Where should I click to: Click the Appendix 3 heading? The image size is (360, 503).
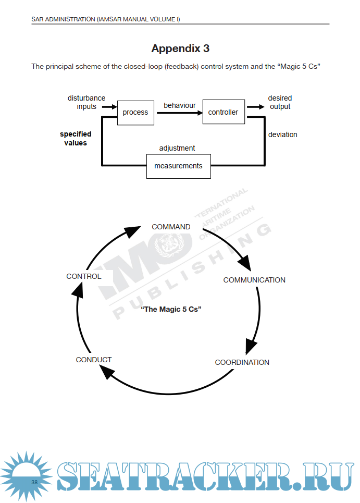(x=180, y=48)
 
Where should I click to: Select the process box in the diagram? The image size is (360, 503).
(x=135, y=112)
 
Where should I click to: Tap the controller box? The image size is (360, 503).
(x=223, y=112)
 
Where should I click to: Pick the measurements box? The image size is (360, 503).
(x=178, y=166)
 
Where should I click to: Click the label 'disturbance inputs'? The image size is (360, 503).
(x=86, y=102)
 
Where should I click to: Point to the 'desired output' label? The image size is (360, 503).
(x=280, y=102)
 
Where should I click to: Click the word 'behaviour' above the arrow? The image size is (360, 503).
(x=180, y=105)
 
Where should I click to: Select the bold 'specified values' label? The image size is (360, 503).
(x=76, y=138)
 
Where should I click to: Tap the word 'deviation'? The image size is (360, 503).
(x=282, y=134)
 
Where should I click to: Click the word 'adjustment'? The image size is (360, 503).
(x=177, y=148)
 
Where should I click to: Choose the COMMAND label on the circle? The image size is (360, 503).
(x=171, y=227)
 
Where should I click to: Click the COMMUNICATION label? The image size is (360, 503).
(x=254, y=280)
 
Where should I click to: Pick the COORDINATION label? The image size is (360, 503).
(x=242, y=362)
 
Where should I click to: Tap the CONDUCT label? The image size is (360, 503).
(x=94, y=360)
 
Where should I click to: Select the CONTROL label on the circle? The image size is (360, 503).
(x=84, y=276)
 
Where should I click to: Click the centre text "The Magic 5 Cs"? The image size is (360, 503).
(x=171, y=309)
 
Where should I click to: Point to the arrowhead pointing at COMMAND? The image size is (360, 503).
(x=134, y=230)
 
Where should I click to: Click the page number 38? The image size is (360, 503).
(x=34, y=482)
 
